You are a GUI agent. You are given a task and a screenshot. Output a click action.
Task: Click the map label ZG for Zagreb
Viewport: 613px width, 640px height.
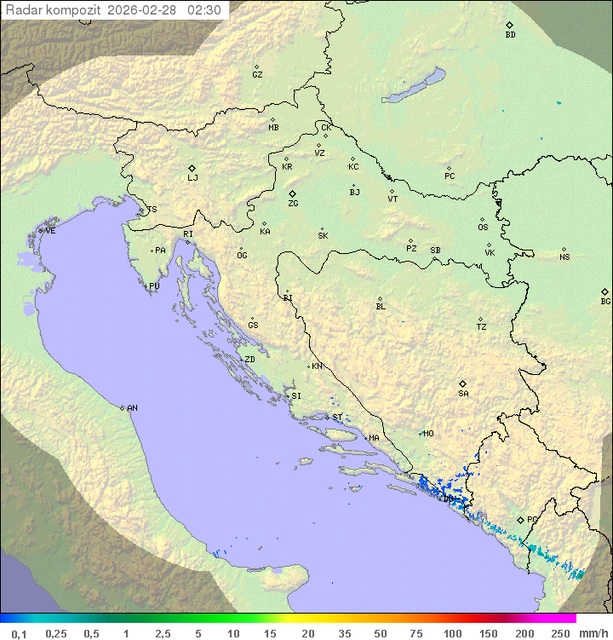coord(293,204)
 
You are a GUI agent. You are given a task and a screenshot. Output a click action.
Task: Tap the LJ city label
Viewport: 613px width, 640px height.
coord(192,178)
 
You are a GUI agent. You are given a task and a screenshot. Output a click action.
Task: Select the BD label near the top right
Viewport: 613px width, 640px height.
coord(510,35)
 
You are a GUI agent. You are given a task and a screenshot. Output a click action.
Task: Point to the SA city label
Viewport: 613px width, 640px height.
coord(463,394)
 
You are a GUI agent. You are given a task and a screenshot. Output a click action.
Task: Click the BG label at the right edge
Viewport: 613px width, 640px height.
coord(605,302)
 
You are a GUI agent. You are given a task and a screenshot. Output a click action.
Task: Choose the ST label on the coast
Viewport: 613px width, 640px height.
coord(337,418)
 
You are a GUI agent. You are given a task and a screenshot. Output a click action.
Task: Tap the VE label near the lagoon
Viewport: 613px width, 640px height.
coord(50,231)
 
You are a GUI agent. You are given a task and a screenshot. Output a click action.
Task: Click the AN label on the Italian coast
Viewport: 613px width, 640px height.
coord(132,408)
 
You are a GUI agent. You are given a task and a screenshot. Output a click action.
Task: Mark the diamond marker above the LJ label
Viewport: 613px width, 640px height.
coord(192,168)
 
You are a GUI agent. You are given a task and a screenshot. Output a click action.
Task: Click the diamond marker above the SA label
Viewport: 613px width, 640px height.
coord(463,383)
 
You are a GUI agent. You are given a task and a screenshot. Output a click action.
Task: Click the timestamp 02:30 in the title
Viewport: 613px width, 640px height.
coord(205,10)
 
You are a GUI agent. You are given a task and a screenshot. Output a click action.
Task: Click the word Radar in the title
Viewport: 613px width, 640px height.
coord(22,10)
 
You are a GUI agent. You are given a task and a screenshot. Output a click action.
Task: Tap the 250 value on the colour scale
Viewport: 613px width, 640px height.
coord(560,633)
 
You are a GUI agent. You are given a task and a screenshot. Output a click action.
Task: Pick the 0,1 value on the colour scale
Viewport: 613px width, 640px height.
coord(19,633)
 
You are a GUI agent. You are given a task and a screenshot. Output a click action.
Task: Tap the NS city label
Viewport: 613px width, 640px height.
coord(564,257)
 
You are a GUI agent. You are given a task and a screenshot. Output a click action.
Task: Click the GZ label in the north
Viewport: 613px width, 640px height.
coord(257,75)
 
